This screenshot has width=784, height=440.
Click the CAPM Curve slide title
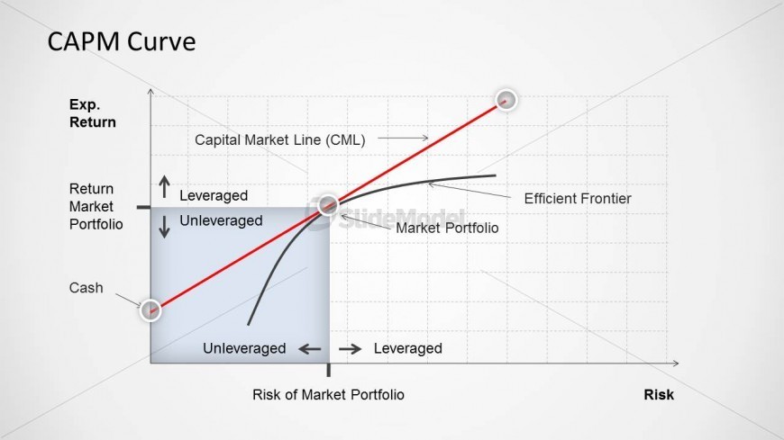pyautogui.click(x=122, y=41)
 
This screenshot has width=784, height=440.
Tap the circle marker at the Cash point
pyautogui.click(x=150, y=310)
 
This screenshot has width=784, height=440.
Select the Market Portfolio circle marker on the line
pyautogui.click(x=328, y=204)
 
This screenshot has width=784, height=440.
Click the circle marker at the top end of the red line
pyautogui.click(x=506, y=101)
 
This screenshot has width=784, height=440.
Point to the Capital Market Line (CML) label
pyautogui.click(x=280, y=139)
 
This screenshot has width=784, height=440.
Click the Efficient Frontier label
pyautogui.click(x=578, y=199)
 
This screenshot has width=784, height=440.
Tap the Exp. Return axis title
pyautogui.click(x=93, y=113)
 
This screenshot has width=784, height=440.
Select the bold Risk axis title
pyautogui.click(x=659, y=394)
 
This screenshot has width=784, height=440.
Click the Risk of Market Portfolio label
pyautogui.click(x=328, y=394)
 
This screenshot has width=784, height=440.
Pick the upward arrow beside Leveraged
pyautogui.click(x=165, y=187)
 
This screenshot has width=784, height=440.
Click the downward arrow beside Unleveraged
pyautogui.click(x=165, y=226)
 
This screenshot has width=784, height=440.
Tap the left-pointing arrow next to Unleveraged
pyautogui.click(x=310, y=348)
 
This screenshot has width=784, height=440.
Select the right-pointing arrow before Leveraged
pyautogui.click(x=350, y=348)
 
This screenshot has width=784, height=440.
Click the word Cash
pyautogui.click(x=86, y=288)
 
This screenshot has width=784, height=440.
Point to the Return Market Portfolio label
pyautogui.click(x=96, y=206)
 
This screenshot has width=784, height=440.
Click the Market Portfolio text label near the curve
pyautogui.click(x=447, y=229)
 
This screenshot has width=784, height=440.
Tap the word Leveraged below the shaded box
pyautogui.click(x=408, y=348)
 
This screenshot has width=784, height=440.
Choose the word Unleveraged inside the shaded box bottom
pyautogui.click(x=244, y=348)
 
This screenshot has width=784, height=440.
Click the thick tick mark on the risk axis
pyautogui.click(x=329, y=370)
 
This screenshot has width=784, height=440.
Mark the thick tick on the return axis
pyautogui.click(x=143, y=207)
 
